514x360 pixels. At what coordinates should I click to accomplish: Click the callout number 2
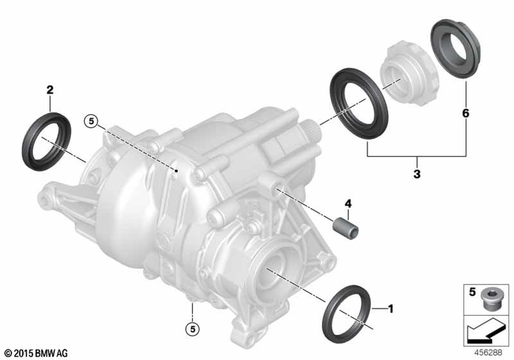(x=50, y=89)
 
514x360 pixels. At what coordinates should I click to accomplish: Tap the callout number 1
(x=390, y=309)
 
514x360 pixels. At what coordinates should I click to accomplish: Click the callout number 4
(x=348, y=204)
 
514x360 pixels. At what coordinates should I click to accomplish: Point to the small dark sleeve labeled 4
(x=345, y=228)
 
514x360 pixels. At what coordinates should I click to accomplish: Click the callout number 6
(x=466, y=113)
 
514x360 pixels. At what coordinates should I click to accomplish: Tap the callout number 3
(x=417, y=174)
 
